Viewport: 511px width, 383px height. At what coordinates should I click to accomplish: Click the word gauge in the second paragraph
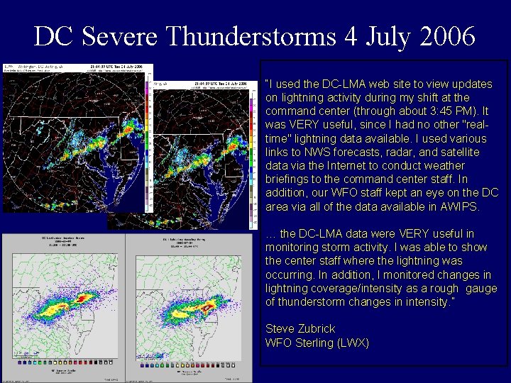(x=481, y=289)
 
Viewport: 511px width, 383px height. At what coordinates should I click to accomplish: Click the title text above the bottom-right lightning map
(x=187, y=242)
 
